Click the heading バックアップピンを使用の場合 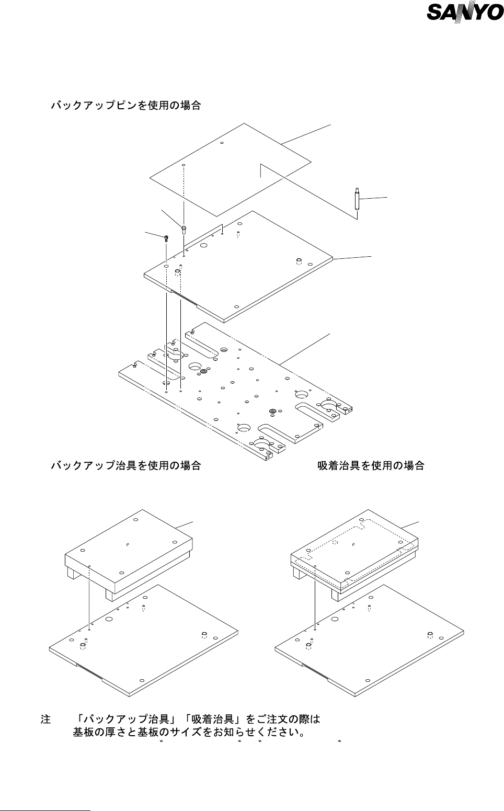coord(125,106)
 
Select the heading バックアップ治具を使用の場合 coord(125,465)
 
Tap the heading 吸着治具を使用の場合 coord(371,465)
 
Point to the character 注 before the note coord(45,719)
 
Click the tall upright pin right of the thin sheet coord(356,199)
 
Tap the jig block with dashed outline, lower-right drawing coord(356,549)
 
